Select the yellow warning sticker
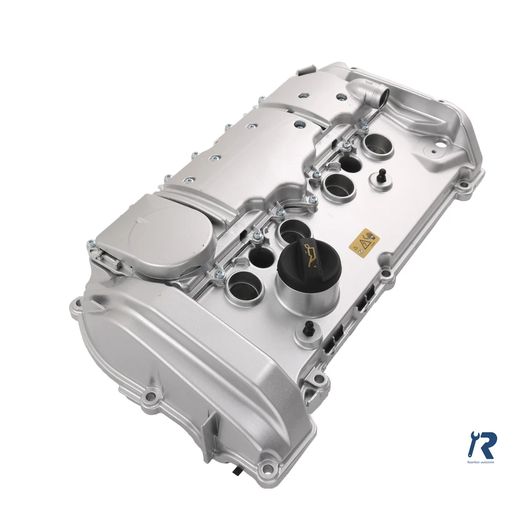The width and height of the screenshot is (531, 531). (364, 242)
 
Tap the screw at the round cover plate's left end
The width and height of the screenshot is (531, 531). (90, 243)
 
